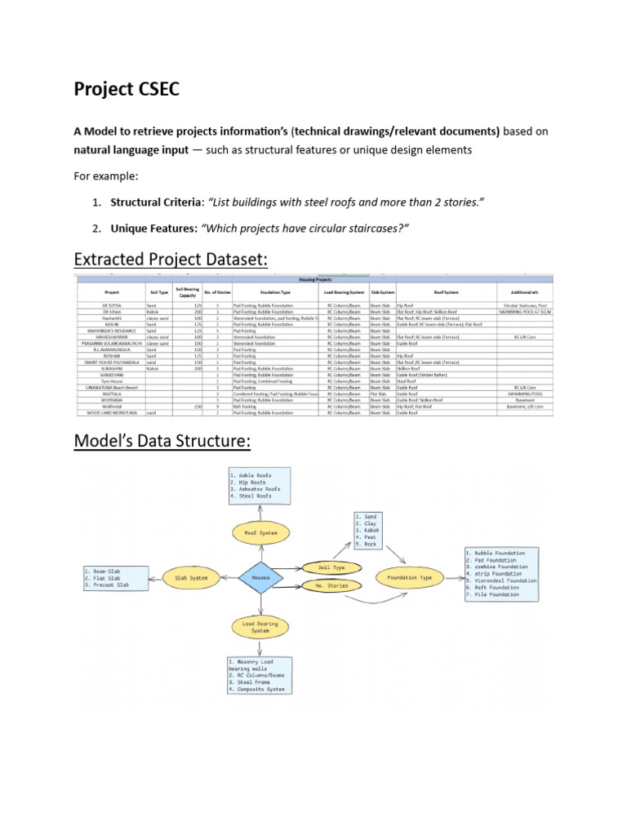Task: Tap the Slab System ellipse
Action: click(x=191, y=577)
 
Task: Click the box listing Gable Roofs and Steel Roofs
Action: click(x=259, y=485)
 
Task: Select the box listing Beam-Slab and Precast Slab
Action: click(x=116, y=577)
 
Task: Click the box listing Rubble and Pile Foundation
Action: click(x=501, y=574)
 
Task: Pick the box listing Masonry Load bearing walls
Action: click(x=259, y=675)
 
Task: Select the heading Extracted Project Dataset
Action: click(x=171, y=259)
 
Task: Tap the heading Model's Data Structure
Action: click(x=162, y=441)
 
